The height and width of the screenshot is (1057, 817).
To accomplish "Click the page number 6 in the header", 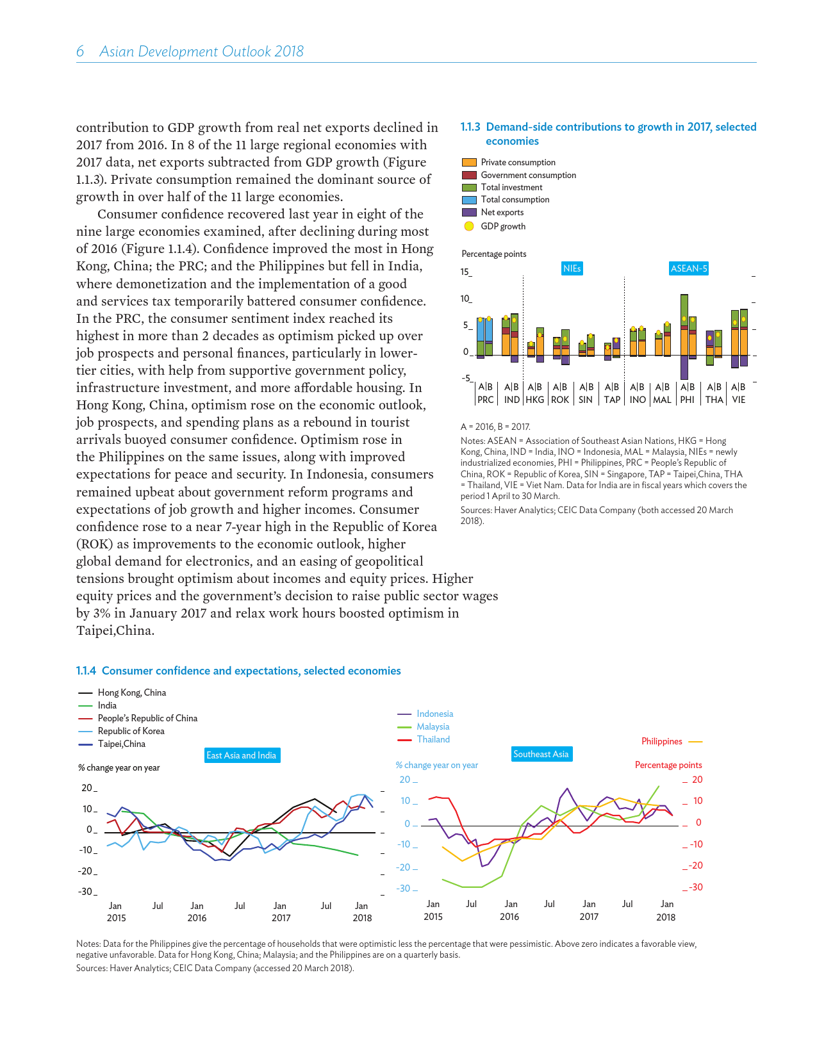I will (80, 52).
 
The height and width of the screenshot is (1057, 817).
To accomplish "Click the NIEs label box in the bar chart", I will (572, 268).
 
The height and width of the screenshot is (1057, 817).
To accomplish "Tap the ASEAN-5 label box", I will (689, 268).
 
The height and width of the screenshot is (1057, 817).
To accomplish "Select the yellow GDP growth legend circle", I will (469, 226).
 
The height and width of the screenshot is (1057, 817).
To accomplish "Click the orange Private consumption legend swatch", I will (469, 163).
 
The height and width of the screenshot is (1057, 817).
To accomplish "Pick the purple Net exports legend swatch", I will (469, 212).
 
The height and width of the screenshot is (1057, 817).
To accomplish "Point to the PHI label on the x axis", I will (688, 400).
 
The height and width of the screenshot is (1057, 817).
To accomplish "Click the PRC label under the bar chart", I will (486, 400).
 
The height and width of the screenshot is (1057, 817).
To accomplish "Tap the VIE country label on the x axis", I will (739, 400).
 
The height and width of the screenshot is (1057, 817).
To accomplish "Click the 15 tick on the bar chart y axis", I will (465, 272).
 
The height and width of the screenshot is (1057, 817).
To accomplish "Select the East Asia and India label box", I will (242, 755).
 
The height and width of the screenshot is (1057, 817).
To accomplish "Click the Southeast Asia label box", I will (541, 754).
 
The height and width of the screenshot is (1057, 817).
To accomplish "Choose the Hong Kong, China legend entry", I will (131, 692).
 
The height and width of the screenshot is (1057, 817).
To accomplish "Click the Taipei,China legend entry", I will (121, 744).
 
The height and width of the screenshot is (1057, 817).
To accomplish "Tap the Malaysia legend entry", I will (433, 726).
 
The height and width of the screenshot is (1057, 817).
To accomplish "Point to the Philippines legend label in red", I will (661, 741).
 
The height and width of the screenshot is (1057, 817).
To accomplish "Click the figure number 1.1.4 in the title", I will (86, 671).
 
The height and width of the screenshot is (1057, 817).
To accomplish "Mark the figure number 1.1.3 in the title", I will (470, 127).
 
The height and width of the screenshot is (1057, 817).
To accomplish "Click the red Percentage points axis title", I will (668, 765).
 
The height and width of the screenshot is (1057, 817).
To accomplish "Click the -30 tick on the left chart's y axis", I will (86, 892).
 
